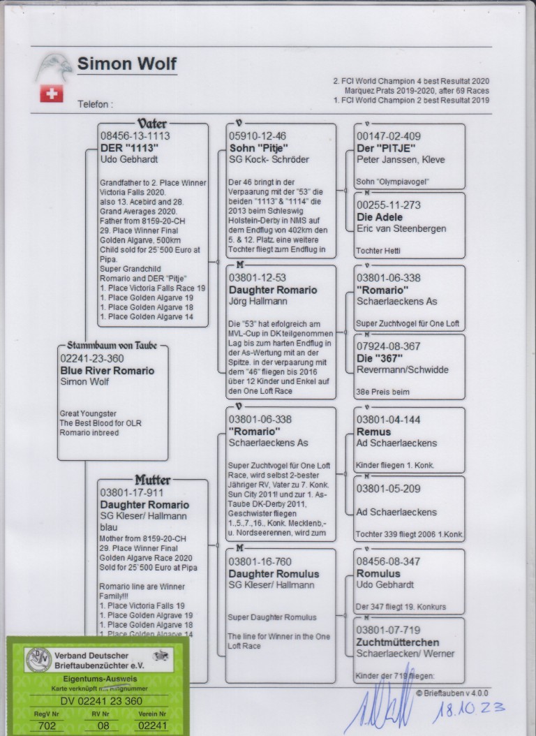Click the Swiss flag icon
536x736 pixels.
point(51,94)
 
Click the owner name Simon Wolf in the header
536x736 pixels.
point(126,64)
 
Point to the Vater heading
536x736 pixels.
point(152,124)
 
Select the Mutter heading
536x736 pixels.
point(152,480)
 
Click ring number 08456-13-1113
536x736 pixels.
point(135,136)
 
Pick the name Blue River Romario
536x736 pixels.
point(107,371)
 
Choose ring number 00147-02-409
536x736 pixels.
point(389,136)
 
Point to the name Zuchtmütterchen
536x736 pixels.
point(398,642)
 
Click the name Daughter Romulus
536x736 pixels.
point(274,573)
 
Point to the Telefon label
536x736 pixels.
point(95,104)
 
